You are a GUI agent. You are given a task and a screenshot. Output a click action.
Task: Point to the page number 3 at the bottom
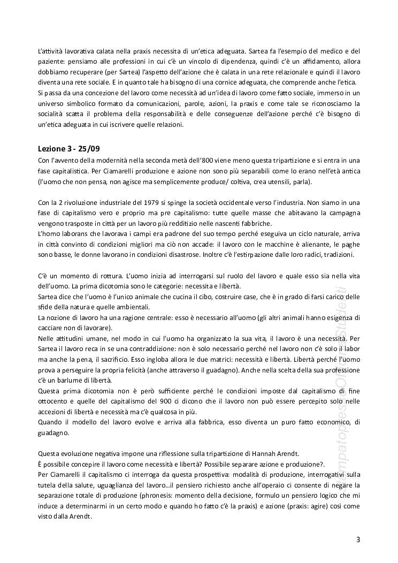click(358, 538)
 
